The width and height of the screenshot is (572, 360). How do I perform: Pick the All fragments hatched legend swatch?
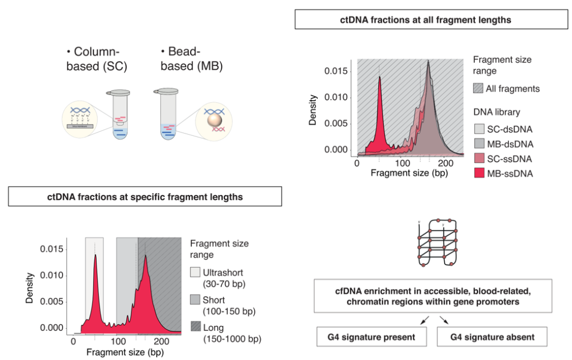(x=479, y=88)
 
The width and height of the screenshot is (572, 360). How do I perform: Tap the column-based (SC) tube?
(x=120, y=115)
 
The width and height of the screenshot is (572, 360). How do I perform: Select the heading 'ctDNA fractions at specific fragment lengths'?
(x=145, y=196)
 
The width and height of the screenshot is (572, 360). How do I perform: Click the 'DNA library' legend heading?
(x=497, y=112)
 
